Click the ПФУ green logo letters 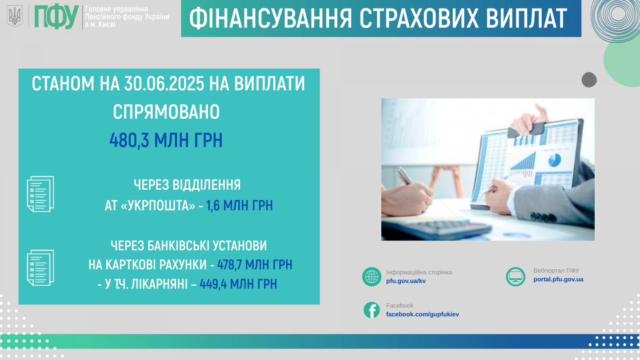tap(56, 17)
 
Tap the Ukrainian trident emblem tap(15, 16)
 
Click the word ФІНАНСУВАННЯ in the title tap(270, 19)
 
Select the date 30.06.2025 tap(164, 84)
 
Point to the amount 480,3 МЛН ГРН tap(166, 140)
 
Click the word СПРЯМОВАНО tap(166, 112)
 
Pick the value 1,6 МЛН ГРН tap(240, 205)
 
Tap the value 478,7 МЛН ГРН tap(255, 264)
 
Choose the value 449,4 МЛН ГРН tap(238, 284)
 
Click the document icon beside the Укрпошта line tap(40, 194)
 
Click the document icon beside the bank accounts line tap(40, 268)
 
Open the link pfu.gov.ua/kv tap(406, 281)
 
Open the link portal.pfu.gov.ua tap(558, 279)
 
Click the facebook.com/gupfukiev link tap(422, 314)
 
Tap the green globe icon tap(372, 276)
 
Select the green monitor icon tap(516, 276)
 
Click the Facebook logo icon tap(372, 310)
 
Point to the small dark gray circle tap(589, 80)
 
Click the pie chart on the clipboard tap(555, 160)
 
